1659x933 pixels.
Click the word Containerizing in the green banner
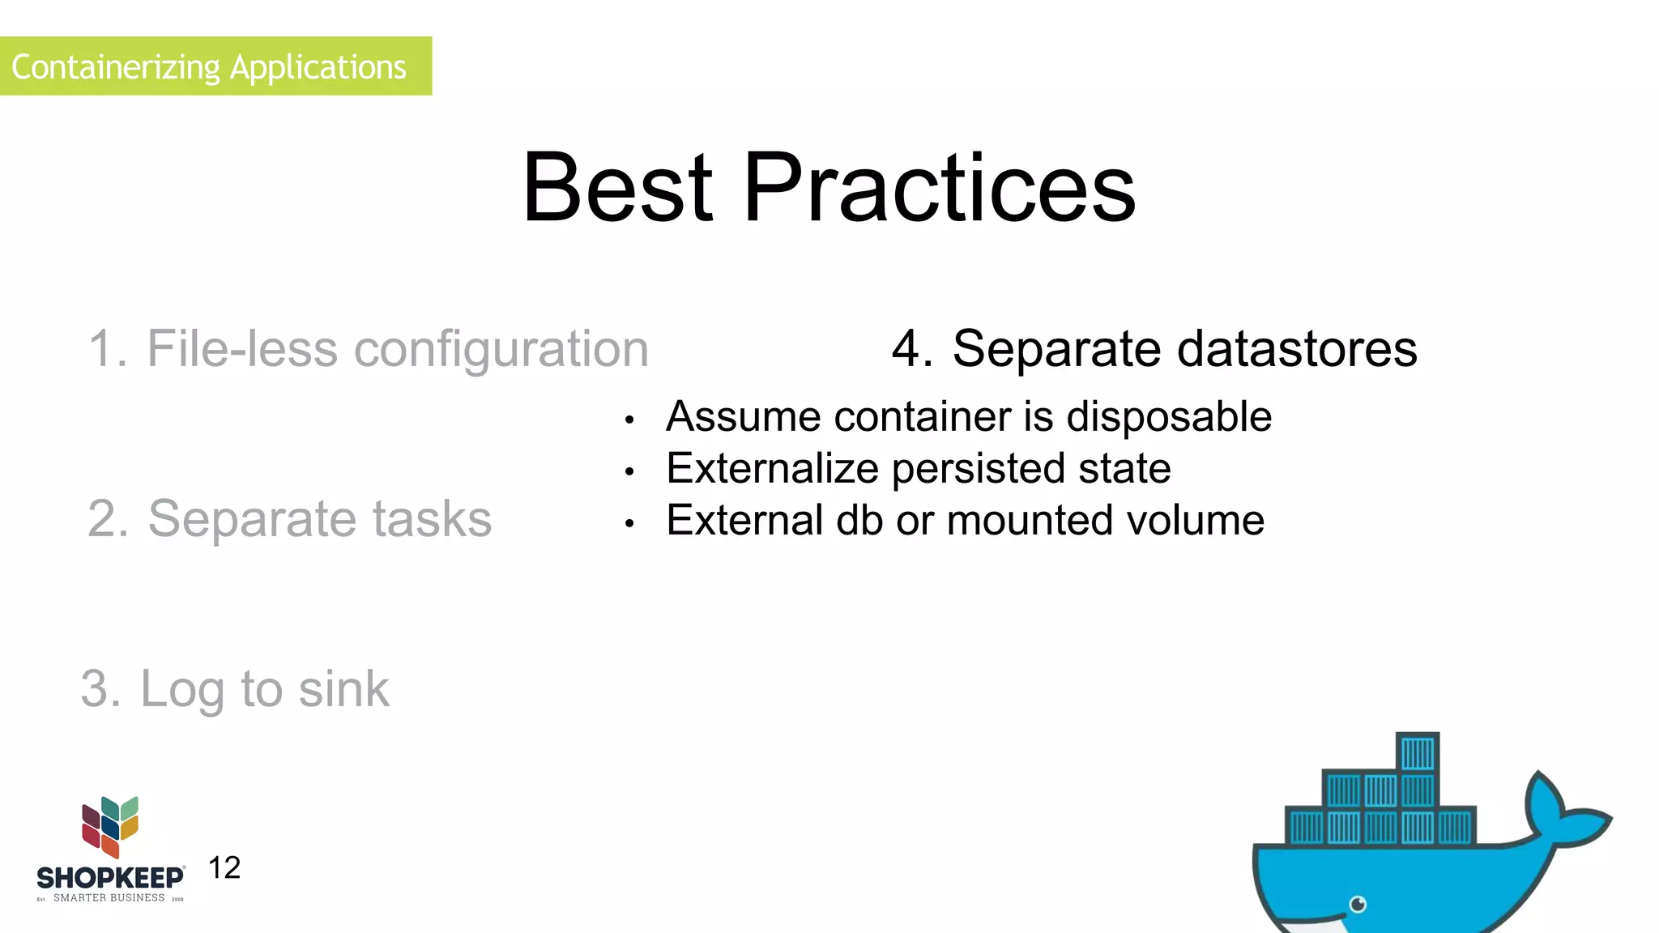(x=115, y=66)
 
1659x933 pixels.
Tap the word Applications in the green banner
(x=318, y=66)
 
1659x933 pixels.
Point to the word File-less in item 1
(x=241, y=349)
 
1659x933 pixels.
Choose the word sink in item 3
(x=343, y=689)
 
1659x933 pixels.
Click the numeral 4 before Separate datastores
(x=906, y=349)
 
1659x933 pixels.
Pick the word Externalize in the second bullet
(x=772, y=469)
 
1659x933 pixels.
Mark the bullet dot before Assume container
(x=629, y=420)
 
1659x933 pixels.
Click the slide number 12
(x=224, y=868)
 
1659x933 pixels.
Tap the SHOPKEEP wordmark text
(x=110, y=878)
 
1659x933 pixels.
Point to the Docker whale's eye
(x=1358, y=904)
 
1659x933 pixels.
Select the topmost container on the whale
(x=1418, y=753)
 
